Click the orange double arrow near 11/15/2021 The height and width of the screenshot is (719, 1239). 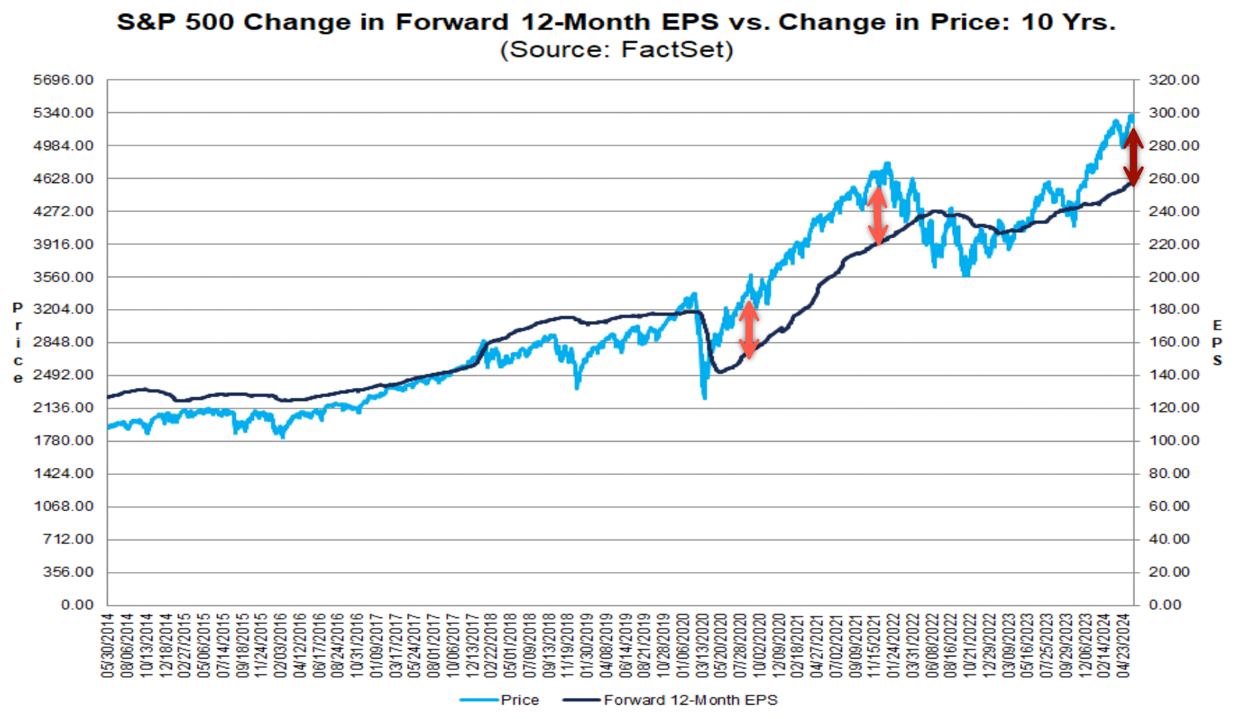(877, 216)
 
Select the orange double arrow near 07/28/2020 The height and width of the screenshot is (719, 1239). (748, 329)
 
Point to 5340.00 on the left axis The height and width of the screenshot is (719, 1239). (63, 113)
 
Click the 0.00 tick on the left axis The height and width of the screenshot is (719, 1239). (77, 604)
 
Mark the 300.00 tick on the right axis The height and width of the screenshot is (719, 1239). (1173, 113)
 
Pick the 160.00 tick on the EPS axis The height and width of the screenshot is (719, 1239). (1173, 342)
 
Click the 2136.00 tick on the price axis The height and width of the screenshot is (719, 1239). (63, 408)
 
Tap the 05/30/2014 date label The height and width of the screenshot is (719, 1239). (107, 645)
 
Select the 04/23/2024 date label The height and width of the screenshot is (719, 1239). (1124, 645)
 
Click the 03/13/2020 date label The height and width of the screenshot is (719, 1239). (703, 645)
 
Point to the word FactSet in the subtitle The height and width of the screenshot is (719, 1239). (675, 50)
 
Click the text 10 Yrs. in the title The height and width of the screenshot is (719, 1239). (1067, 22)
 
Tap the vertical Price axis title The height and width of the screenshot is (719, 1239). (18, 343)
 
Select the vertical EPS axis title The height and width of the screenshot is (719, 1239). (1217, 343)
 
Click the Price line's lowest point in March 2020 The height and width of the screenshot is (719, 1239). (705, 397)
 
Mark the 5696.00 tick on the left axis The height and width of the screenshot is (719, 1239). (63, 80)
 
